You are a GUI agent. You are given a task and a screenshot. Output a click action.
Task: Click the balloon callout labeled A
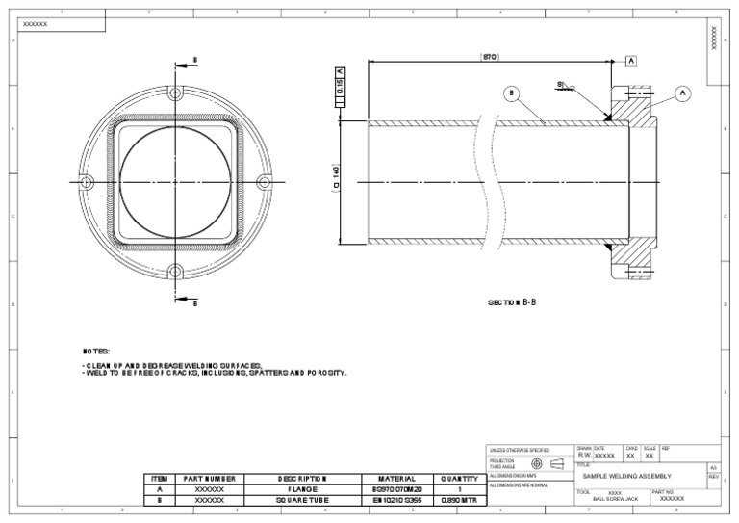[683, 93]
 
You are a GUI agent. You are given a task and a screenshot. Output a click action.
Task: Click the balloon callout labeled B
[512, 93]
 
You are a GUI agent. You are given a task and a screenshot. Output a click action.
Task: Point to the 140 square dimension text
[336, 180]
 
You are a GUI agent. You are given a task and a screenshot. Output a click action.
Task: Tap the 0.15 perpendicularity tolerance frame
[339, 89]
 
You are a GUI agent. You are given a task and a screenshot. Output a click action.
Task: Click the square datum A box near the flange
[631, 60]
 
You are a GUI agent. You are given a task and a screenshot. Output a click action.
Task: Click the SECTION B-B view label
[512, 302]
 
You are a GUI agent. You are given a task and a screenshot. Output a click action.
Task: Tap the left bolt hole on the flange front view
[87, 181]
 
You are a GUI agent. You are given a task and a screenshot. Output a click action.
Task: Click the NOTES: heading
[96, 352]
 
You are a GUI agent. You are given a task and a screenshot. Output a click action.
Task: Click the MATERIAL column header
[395, 479]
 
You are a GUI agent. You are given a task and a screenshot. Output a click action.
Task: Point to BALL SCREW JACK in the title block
[616, 499]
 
